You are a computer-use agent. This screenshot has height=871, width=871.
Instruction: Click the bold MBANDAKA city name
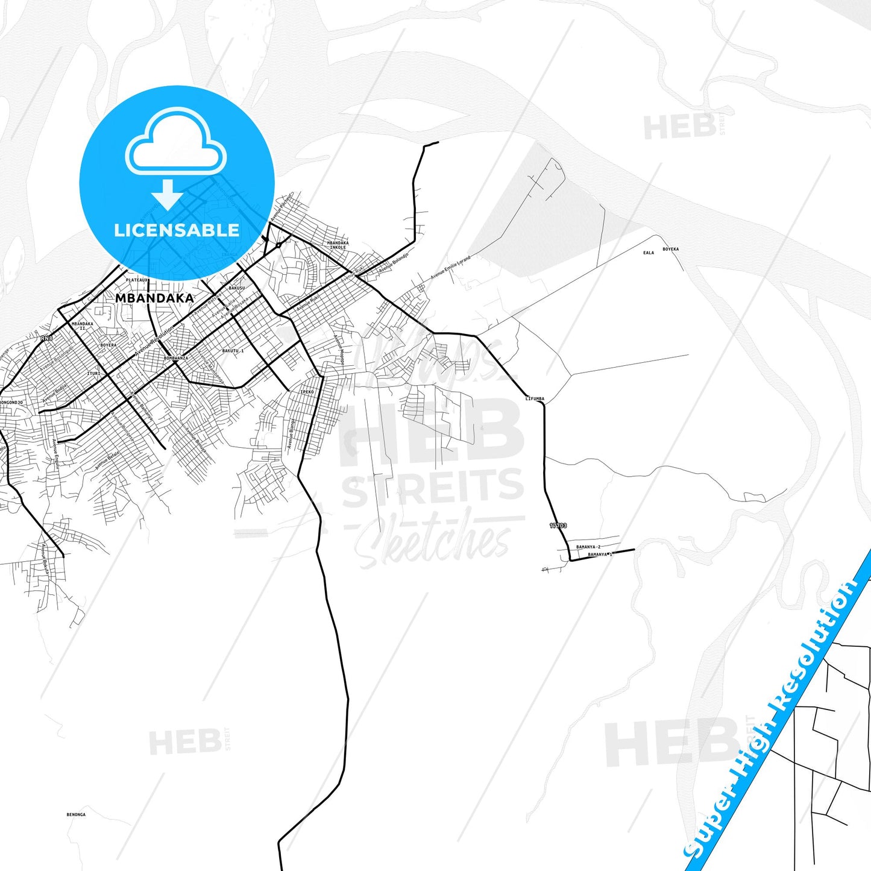(x=154, y=298)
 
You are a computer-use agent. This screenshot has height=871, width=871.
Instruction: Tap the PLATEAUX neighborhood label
(x=137, y=280)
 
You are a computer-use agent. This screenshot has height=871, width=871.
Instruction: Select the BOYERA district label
(x=108, y=345)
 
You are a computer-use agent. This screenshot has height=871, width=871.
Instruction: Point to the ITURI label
(x=93, y=374)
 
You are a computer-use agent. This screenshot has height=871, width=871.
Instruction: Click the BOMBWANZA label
(x=176, y=358)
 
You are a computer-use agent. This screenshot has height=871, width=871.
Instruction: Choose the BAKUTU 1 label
(x=233, y=351)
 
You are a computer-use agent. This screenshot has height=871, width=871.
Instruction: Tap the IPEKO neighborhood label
(x=307, y=392)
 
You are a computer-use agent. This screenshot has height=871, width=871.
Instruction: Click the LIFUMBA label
(x=535, y=398)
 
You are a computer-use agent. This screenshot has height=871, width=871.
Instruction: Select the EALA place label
(x=649, y=253)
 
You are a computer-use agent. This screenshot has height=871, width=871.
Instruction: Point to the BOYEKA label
(x=670, y=249)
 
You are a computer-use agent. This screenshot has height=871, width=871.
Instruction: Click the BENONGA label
(x=76, y=814)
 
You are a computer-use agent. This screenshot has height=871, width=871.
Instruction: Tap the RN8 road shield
(x=46, y=339)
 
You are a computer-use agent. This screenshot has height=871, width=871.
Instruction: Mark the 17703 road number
(x=558, y=526)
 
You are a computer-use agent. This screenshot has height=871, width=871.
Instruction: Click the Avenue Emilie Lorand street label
(x=450, y=268)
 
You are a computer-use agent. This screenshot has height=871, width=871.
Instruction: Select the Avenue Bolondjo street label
(x=394, y=264)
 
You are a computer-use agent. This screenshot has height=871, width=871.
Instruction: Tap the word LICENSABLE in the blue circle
(x=177, y=230)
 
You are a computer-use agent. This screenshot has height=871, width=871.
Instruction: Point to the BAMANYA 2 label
(x=588, y=547)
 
